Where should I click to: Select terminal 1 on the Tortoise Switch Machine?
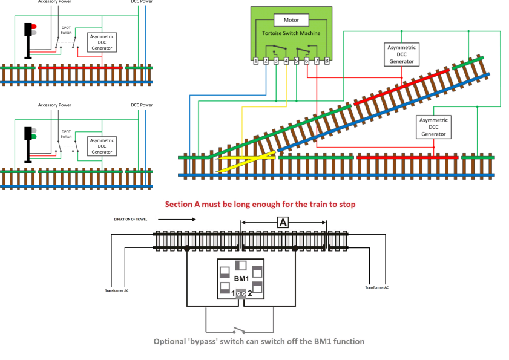[256, 61]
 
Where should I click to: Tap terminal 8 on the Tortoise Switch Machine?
[327, 61]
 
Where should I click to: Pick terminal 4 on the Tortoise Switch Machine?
[286, 61]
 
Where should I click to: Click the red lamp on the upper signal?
[34, 27]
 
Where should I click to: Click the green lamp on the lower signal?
[34, 137]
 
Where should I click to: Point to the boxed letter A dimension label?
[283, 223]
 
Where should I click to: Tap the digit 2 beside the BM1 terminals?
[250, 293]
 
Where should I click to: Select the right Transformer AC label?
[378, 287]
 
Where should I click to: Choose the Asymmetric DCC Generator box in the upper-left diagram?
[102, 42]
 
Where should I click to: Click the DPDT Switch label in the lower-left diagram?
[65, 134]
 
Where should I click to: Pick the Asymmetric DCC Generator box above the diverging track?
[402, 54]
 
